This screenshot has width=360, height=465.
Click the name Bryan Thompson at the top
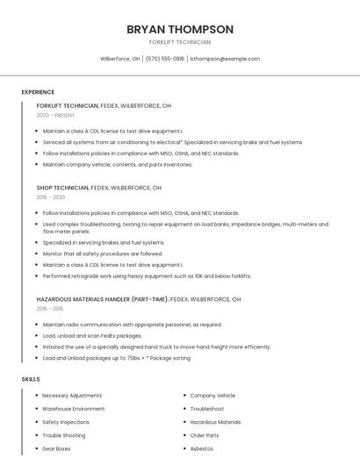[180, 29]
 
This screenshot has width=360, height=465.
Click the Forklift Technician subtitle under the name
[180, 42]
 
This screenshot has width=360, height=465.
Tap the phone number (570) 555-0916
[165, 59]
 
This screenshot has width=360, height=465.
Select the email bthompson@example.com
[225, 59]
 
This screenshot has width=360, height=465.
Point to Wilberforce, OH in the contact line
[119, 59]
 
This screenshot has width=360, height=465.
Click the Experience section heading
[38, 92]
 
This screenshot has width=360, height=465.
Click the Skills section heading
[31, 379]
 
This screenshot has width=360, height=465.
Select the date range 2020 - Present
[55, 115]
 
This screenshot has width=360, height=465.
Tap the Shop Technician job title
[62, 188]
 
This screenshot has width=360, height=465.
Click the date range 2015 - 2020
[51, 197]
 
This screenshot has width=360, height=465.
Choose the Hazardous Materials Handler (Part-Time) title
[102, 299]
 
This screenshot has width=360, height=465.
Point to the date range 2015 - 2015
[50, 309]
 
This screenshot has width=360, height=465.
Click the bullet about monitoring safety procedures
[103, 254]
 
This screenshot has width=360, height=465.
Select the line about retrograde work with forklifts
[147, 275]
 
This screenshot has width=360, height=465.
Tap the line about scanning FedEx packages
[92, 335]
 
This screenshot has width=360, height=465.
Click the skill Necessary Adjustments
[72, 396]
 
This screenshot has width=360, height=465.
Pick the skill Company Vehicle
[212, 396]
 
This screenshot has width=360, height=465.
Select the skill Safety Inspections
[66, 422]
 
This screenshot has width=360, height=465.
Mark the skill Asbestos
[202, 448]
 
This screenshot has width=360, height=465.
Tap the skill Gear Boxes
[56, 448]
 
